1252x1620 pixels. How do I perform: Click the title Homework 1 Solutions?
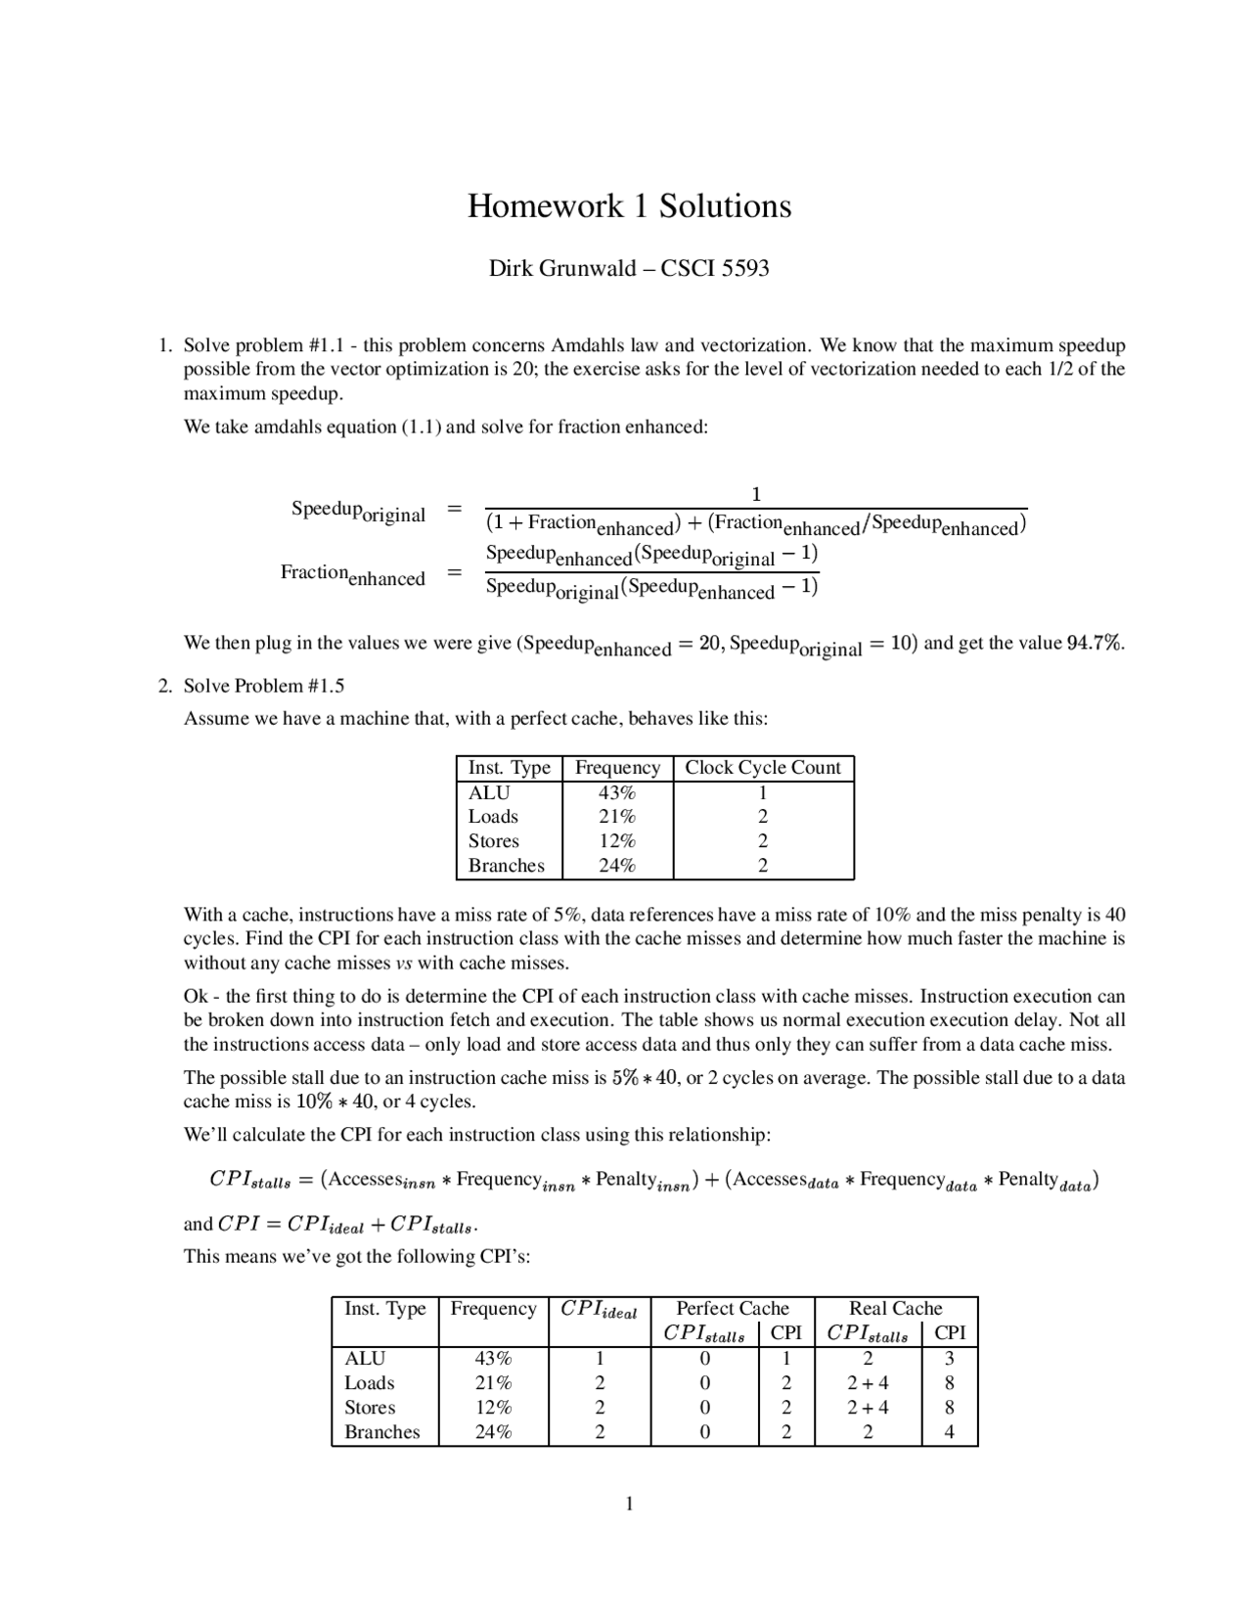click(x=629, y=206)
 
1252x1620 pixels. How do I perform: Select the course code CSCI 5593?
click(x=715, y=268)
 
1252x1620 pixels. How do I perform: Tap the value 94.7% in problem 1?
click(x=1095, y=644)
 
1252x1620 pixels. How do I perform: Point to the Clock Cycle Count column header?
click(x=762, y=768)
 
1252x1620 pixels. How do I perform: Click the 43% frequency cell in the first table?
click(x=617, y=793)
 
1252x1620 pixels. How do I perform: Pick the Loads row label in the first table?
click(x=493, y=817)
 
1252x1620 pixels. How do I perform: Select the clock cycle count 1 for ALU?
click(x=763, y=793)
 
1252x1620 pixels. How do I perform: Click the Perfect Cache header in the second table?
click(x=732, y=1309)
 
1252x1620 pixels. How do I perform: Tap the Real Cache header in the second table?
click(x=895, y=1309)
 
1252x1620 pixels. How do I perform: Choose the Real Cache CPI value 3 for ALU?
click(x=949, y=1359)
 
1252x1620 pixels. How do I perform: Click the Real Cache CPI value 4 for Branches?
click(x=949, y=1432)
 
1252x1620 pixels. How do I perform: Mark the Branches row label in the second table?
click(x=381, y=1432)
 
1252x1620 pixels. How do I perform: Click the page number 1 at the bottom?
click(x=629, y=1504)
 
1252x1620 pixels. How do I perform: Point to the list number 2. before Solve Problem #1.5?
click(x=165, y=686)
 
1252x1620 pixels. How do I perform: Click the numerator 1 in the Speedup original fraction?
click(x=755, y=494)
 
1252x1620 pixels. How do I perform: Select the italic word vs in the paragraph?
click(x=403, y=964)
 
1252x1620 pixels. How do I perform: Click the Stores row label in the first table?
click(x=493, y=841)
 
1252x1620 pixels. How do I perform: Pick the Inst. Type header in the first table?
click(x=509, y=768)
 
